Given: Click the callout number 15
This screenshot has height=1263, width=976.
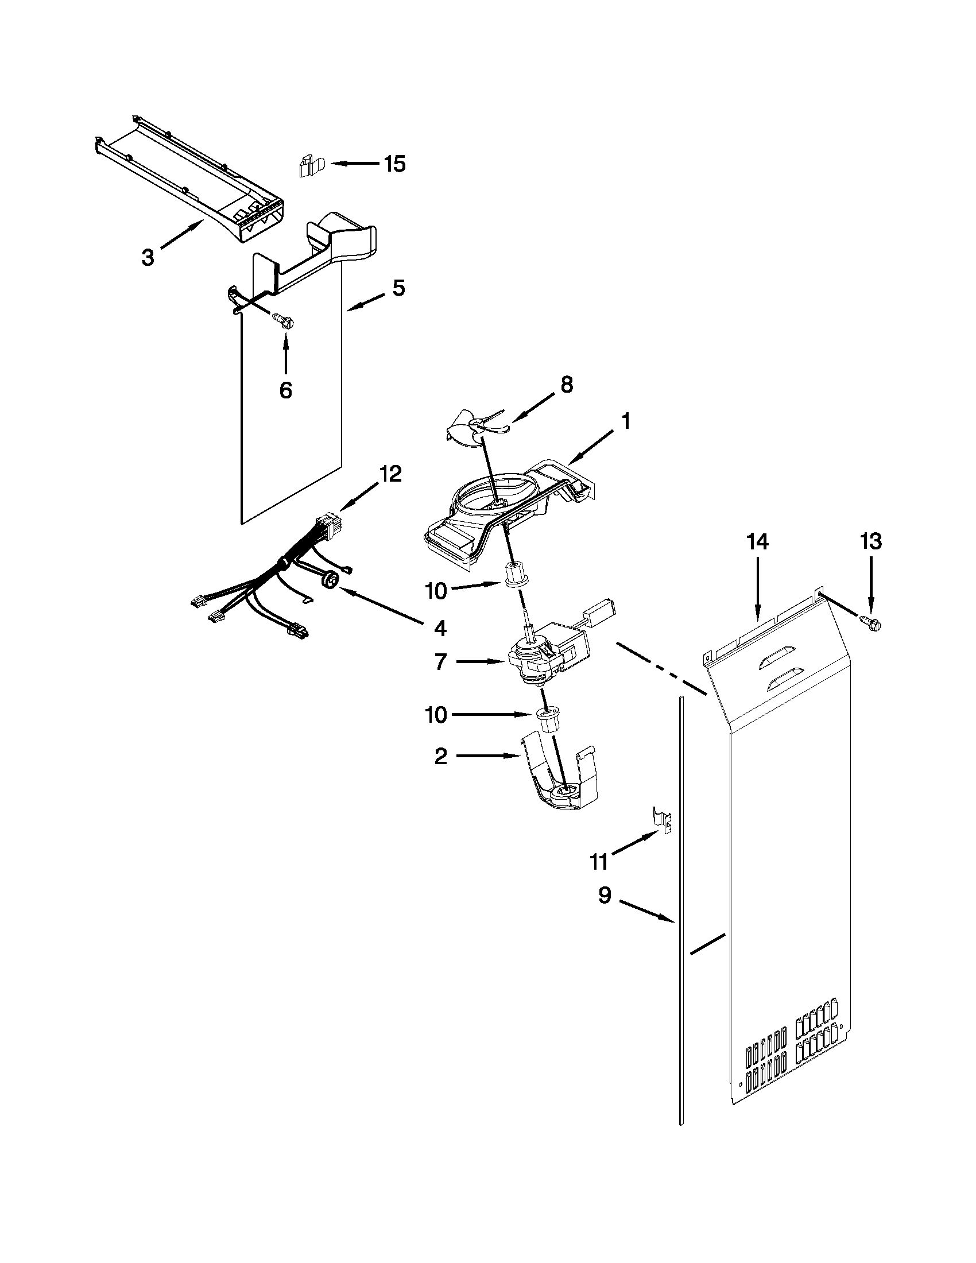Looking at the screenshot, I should pos(395,164).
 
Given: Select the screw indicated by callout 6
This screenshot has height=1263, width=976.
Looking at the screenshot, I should pos(282,319).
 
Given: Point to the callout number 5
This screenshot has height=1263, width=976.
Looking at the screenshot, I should pos(398,288).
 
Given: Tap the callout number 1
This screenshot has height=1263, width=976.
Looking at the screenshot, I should pos(626,421).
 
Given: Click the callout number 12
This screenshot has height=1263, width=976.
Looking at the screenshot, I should pos(390,474).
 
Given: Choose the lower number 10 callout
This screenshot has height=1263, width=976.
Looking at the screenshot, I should pos(436,715).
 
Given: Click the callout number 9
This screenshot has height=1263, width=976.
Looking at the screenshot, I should pos(604,896).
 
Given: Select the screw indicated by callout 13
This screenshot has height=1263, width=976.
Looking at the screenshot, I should pos(873,623).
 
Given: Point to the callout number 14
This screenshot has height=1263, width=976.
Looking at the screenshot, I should pos(757,542).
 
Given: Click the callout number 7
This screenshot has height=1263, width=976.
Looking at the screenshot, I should pos(440,661).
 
